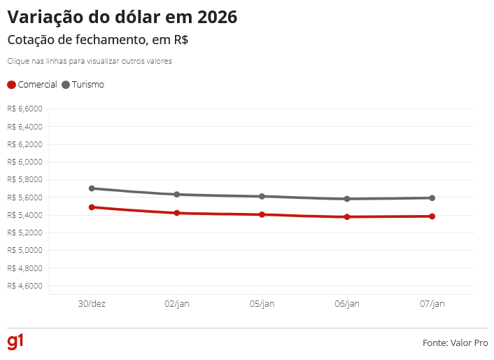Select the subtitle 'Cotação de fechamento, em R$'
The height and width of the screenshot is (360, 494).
click(97, 41)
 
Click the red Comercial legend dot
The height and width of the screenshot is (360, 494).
click(11, 85)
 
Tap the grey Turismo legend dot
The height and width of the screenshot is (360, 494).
click(66, 85)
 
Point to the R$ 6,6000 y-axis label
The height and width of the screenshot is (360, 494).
click(25, 109)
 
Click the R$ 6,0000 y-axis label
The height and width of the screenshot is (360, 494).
click(25, 162)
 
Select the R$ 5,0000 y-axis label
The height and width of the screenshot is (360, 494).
click(25, 250)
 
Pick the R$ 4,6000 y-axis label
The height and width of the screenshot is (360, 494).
click(25, 286)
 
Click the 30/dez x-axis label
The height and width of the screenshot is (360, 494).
click(92, 304)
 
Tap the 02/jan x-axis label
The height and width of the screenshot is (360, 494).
click(177, 304)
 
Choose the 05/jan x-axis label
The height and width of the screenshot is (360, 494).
click(262, 304)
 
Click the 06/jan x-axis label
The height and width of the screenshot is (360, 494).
click(347, 304)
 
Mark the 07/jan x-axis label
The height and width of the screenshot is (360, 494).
click(432, 304)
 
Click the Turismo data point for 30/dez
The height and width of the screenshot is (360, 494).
click(92, 188)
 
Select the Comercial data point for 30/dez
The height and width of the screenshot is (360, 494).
click(92, 207)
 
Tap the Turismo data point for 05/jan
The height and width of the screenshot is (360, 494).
click(262, 196)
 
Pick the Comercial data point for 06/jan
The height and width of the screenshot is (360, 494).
click(347, 216)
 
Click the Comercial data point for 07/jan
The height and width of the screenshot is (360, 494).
click(432, 216)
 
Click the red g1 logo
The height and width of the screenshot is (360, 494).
click(15, 342)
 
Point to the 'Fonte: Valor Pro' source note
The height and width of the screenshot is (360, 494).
click(455, 343)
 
